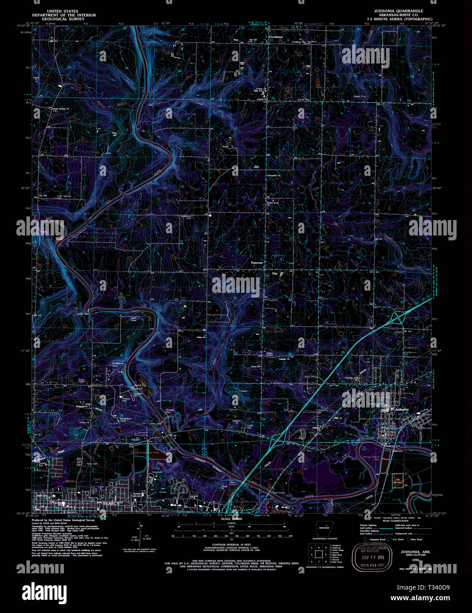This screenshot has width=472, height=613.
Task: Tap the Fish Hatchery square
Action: (x=397, y=479)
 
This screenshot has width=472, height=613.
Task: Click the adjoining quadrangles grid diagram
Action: (x=318, y=553)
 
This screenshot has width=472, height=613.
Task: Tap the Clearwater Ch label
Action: (x=274, y=176)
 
